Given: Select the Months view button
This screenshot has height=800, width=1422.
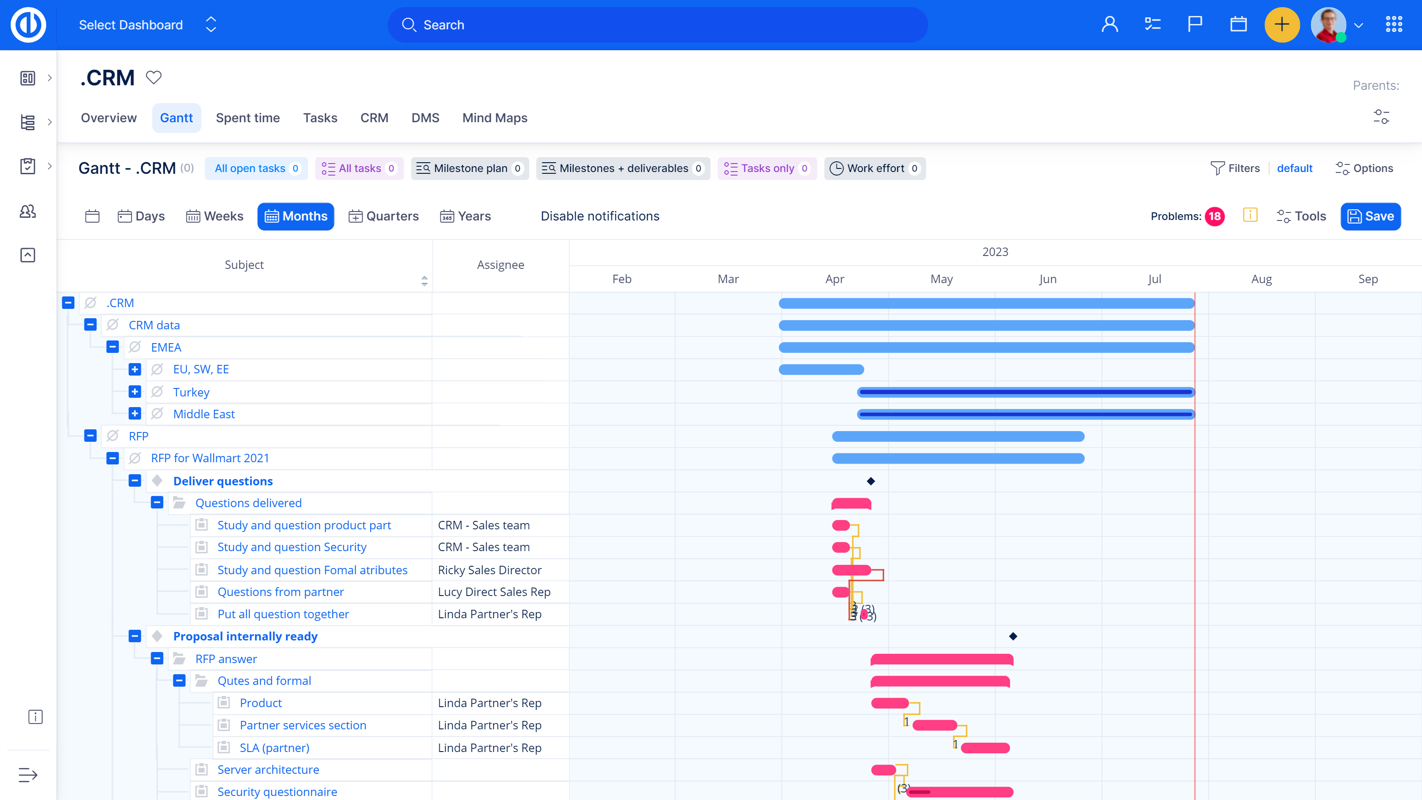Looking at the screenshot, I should [x=296, y=216].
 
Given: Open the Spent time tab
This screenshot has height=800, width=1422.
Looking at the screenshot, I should [x=248, y=118].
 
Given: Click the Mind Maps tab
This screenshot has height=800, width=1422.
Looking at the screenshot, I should [x=495, y=118].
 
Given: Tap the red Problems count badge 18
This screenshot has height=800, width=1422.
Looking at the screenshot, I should [x=1214, y=216].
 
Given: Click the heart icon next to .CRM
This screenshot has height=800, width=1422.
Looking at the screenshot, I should [x=153, y=78].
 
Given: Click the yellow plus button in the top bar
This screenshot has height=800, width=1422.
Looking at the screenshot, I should [x=1282, y=25].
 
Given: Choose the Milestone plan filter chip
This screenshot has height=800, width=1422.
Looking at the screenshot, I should [x=469, y=168].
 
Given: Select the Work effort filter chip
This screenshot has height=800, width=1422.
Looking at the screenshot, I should [x=875, y=168].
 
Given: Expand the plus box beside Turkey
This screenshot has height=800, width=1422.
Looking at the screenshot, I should [x=135, y=392].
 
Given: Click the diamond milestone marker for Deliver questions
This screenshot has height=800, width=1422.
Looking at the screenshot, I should [x=871, y=481].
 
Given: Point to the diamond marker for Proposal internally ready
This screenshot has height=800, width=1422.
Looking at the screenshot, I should [x=1013, y=636].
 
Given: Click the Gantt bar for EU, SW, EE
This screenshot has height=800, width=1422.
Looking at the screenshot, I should [x=821, y=369].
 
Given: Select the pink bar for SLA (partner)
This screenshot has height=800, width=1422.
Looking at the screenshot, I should [x=985, y=748].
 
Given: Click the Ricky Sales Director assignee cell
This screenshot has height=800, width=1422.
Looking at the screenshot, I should [x=490, y=570].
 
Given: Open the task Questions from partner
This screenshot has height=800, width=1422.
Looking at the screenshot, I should [x=280, y=592].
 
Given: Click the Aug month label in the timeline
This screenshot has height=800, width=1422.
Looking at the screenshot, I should [x=1262, y=280].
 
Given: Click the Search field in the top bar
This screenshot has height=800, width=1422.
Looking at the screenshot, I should [x=657, y=25].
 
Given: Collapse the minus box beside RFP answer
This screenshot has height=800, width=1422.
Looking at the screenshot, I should [x=157, y=659].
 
